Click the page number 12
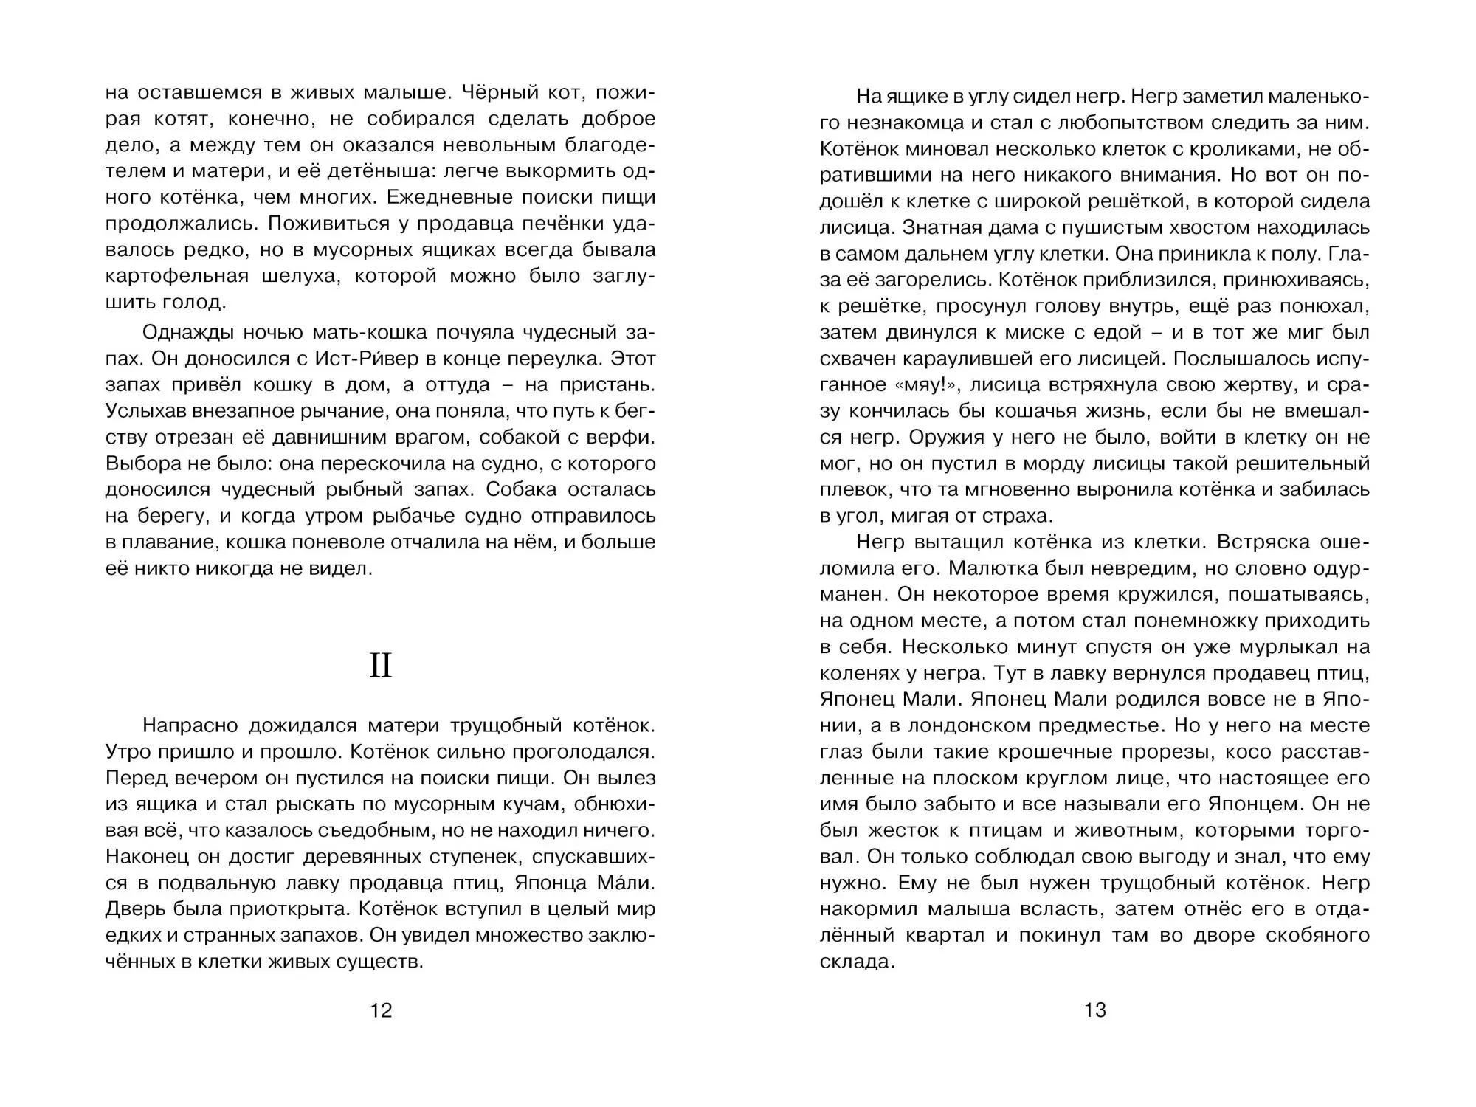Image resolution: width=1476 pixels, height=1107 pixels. pyautogui.click(x=381, y=1010)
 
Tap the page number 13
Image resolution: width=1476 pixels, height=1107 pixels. pyautogui.click(x=1095, y=1010)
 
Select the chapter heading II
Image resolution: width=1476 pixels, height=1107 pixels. pyautogui.click(x=381, y=666)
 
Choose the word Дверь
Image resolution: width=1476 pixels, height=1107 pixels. pyautogui.click(x=137, y=908)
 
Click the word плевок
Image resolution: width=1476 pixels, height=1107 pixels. pyautogui.click(x=852, y=489)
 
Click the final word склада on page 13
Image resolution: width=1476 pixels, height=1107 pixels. pyautogui.click(x=856, y=961)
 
